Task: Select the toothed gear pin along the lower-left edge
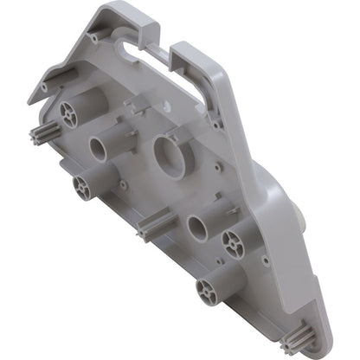[x=148, y=229]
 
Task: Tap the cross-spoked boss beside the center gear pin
[x=84, y=186]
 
